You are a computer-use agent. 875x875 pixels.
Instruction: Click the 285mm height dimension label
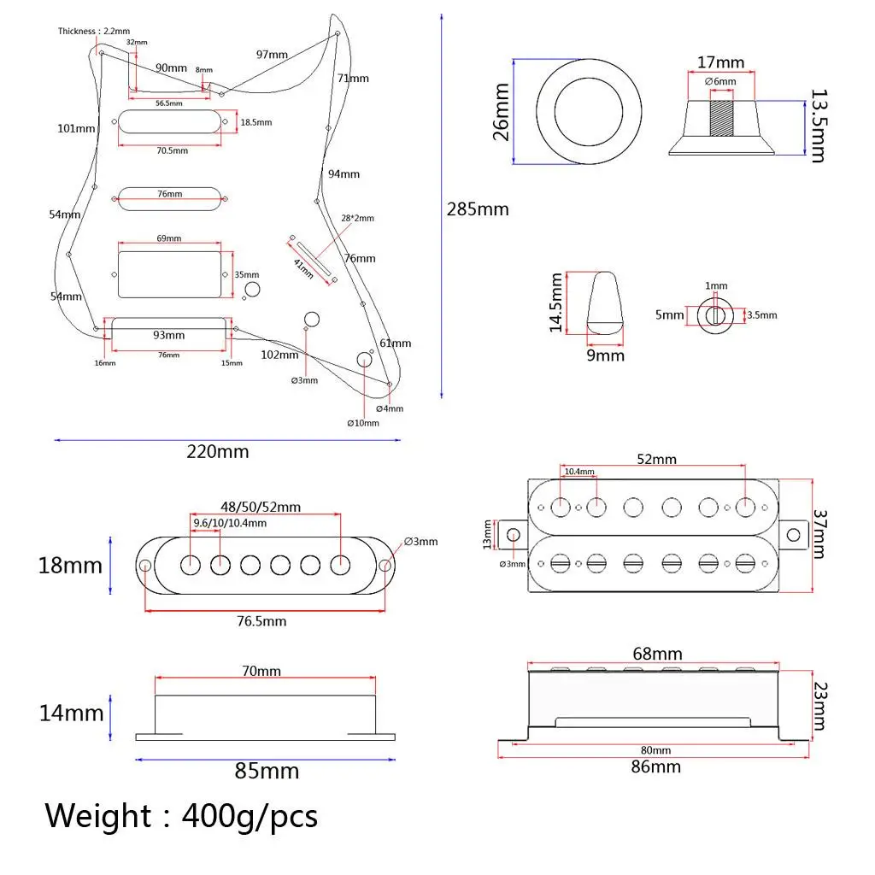477,209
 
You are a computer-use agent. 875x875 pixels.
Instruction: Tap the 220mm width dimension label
218,451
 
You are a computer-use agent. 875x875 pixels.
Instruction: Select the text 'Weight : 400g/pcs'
181,816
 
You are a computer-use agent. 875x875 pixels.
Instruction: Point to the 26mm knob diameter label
500,112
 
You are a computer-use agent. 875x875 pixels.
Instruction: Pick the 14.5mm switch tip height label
557,302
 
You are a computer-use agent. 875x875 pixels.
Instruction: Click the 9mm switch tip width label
605,355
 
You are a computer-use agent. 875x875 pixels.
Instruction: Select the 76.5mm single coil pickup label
262,621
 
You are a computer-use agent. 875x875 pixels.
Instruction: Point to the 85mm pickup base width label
267,771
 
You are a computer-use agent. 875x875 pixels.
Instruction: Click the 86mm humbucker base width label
655,766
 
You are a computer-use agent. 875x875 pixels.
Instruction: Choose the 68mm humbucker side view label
655,654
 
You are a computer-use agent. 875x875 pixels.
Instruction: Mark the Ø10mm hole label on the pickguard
362,423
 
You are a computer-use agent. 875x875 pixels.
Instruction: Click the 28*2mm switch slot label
356,218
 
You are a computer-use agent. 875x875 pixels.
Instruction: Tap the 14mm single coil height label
71,713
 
